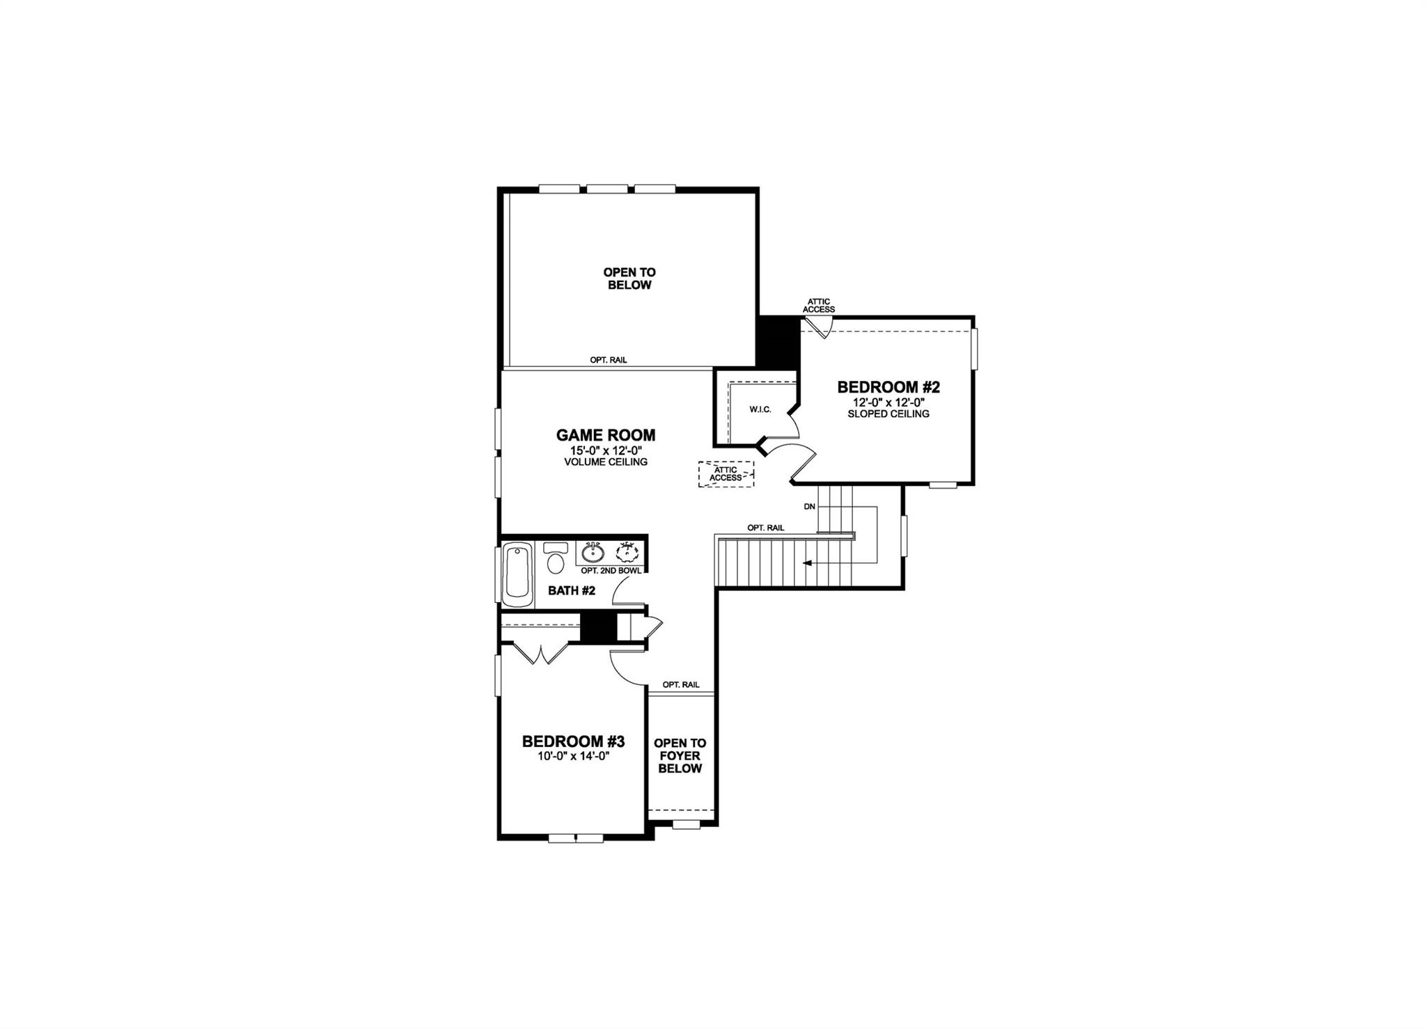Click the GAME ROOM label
605,435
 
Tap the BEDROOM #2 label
888,387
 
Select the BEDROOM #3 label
573,741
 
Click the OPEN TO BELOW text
629,278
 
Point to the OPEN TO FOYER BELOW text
680,755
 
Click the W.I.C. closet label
760,409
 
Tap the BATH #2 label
571,590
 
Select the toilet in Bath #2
556,558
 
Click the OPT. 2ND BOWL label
611,570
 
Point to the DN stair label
809,507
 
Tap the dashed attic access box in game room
726,474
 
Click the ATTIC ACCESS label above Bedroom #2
819,306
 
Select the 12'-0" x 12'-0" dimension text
888,402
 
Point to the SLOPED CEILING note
888,414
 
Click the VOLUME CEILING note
605,462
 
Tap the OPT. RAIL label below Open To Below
608,360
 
